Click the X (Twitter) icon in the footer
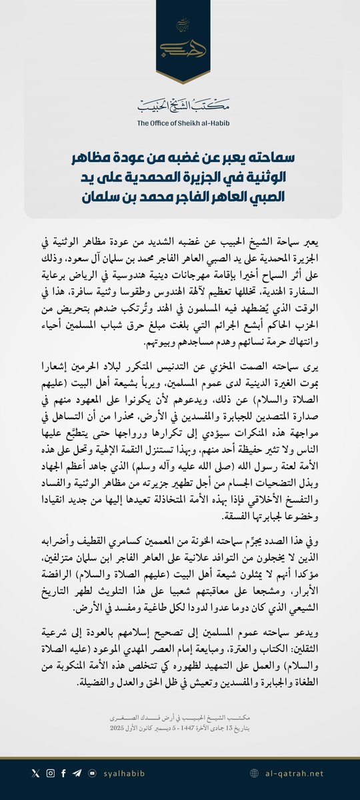click(35, 773)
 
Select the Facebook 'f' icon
click(63, 773)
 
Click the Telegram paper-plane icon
click(77, 773)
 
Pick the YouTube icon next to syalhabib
click(92, 773)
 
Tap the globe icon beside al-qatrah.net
click(254, 773)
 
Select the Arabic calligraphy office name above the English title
click(180, 106)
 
